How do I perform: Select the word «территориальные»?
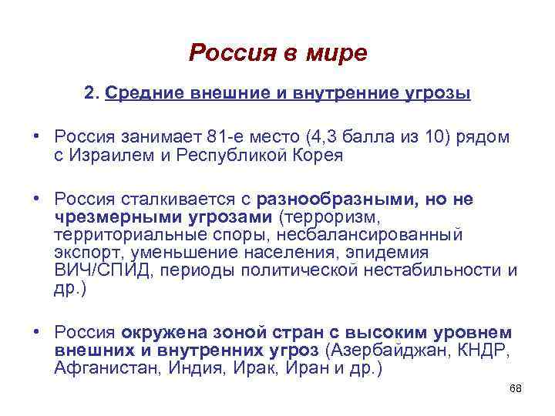(x=119, y=234)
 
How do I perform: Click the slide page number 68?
(x=516, y=388)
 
